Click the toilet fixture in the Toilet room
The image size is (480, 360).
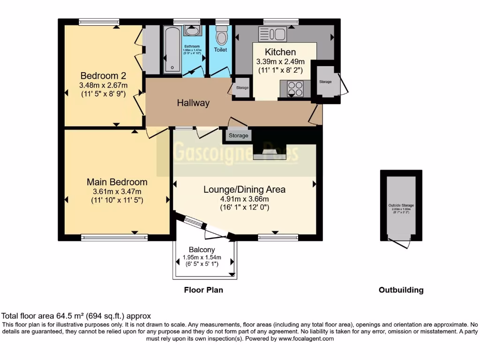tap(221, 36)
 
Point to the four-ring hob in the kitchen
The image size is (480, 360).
tap(295, 88)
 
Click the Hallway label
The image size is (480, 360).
tap(193, 103)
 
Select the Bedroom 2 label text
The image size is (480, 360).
tap(103, 75)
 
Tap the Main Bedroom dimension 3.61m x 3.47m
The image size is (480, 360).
tap(117, 191)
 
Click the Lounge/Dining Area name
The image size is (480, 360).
tap(244, 189)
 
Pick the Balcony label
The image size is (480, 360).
tap(202, 250)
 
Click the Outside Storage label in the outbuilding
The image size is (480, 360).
tap(401, 205)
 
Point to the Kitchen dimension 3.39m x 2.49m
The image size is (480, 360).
tap(280, 61)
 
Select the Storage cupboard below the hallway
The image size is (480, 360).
tap(238, 136)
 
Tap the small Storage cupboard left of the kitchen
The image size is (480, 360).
tap(242, 88)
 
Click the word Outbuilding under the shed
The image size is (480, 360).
tap(401, 290)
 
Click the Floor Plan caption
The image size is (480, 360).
tap(203, 290)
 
